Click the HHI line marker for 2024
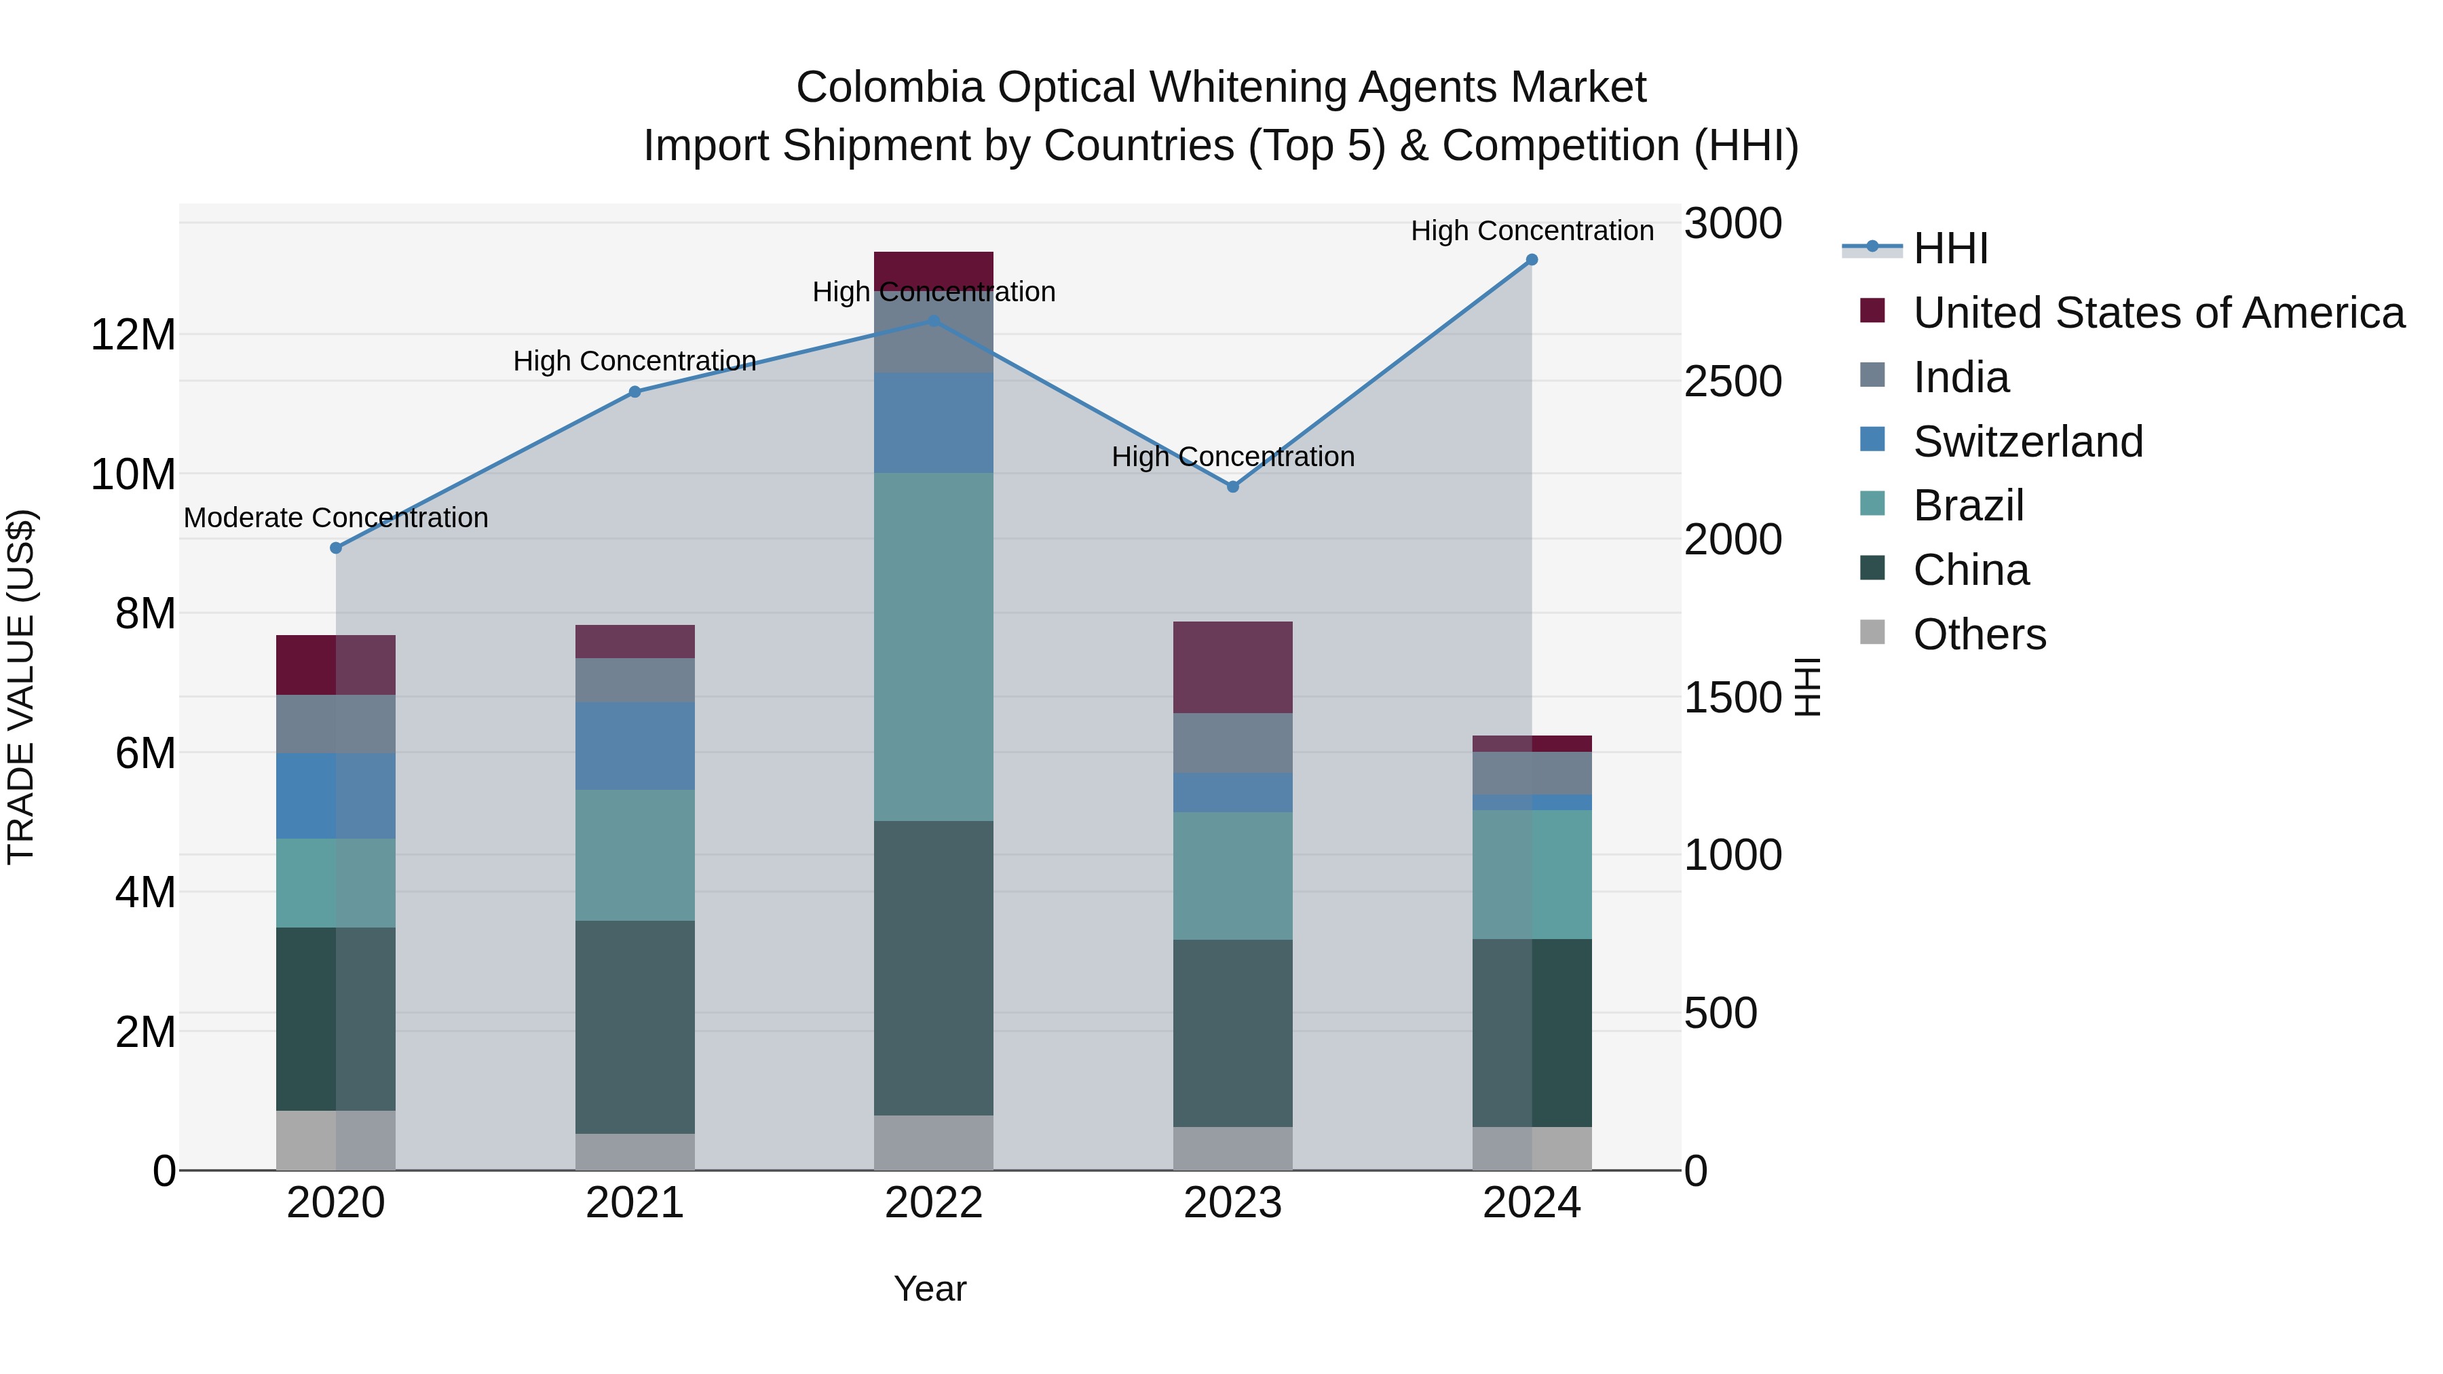[1532, 260]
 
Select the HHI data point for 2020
[336, 548]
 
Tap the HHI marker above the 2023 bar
[1233, 487]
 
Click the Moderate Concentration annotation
[336, 518]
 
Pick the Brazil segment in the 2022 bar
[933, 647]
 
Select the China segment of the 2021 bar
[635, 1027]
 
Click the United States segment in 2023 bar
[1233, 668]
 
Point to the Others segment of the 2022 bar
[933, 1143]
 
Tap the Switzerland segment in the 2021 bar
[635, 746]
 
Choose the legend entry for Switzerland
[2028, 442]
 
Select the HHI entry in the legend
[1950, 248]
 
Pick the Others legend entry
[1980, 634]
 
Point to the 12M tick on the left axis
[133, 335]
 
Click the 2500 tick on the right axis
[1732, 381]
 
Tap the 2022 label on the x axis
[933, 1203]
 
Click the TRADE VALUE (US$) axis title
[21, 687]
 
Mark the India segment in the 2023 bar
[1233, 744]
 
